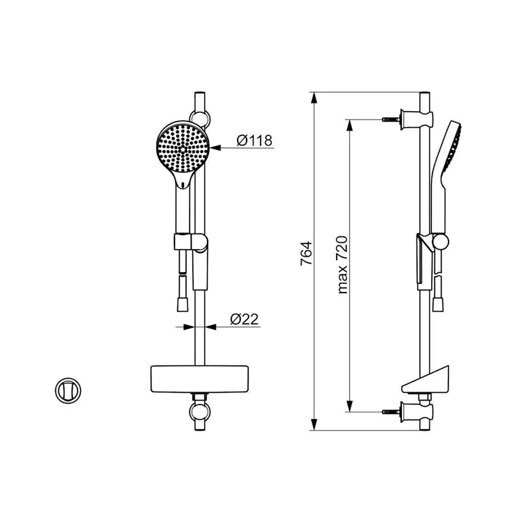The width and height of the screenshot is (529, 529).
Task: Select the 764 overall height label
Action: point(306,254)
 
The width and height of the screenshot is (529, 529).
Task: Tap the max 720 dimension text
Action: point(343,264)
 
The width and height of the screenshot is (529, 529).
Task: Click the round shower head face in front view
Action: point(183,148)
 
